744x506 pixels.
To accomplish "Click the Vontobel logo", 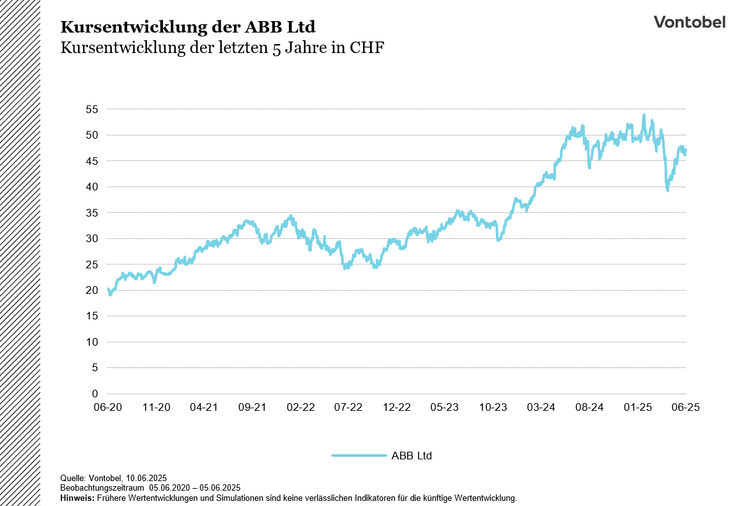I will (x=689, y=22).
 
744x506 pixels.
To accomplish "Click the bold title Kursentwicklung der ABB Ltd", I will (x=187, y=27).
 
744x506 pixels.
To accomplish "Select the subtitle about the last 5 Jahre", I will (x=222, y=49).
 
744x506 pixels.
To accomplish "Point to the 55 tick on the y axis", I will (x=91, y=109).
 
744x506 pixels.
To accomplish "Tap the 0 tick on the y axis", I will (x=95, y=394).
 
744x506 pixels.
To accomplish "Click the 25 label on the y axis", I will (x=91, y=264).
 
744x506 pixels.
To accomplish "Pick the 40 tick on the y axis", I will (x=91, y=187).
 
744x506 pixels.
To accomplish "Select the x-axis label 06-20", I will (x=108, y=407).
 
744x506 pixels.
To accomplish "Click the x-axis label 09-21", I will (x=252, y=407).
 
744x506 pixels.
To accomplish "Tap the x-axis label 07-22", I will (x=349, y=407).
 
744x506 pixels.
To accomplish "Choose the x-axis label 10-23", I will (x=493, y=407).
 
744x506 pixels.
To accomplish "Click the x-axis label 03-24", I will (x=541, y=407).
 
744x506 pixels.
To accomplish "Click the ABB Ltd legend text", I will (x=412, y=456).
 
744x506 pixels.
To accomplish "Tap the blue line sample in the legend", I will (x=359, y=456).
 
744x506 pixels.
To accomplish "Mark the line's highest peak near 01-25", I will (x=644, y=115).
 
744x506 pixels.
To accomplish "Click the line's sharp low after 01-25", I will (x=668, y=190).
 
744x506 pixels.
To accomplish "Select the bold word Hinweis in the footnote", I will (x=77, y=498).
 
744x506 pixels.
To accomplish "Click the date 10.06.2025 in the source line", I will (x=146, y=478).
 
